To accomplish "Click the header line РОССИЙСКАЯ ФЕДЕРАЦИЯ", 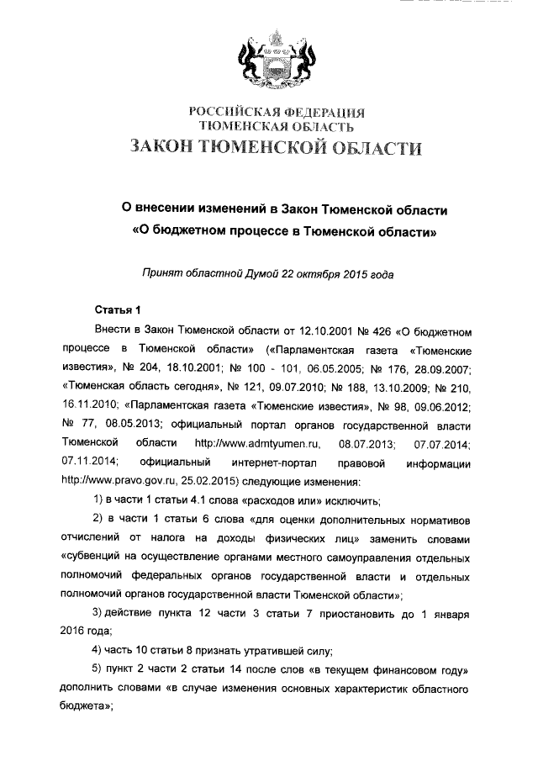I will [x=277, y=112].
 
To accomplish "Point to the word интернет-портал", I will [x=261, y=462].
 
